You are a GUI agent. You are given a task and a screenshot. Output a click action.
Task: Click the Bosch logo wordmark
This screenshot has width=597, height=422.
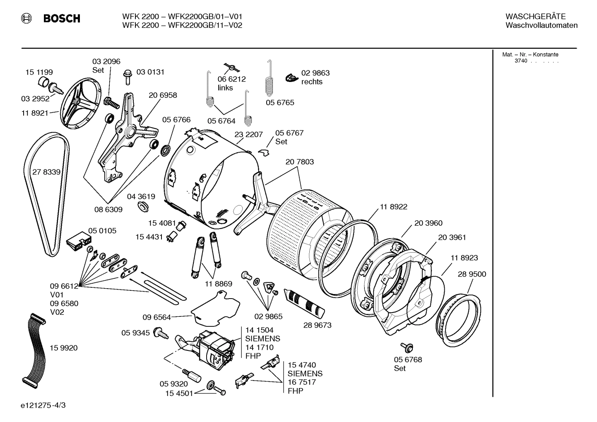[x=61, y=19]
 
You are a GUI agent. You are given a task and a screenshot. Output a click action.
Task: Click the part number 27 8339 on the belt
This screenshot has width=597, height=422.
[x=46, y=172]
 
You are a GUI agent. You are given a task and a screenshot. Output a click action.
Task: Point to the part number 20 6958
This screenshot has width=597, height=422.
[x=163, y=95]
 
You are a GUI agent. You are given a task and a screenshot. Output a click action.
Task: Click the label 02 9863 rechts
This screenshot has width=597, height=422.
[x=315, y=77]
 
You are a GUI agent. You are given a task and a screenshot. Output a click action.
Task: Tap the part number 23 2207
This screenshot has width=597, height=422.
[x=248, y=135]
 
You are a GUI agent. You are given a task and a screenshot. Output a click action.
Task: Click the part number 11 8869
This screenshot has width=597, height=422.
[x=218, y=284]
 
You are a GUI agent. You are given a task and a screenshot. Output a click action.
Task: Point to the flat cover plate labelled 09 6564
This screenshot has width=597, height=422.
[x=215, y=307]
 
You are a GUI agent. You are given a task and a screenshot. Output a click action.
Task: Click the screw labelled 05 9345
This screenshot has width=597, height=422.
[x=160, y=333]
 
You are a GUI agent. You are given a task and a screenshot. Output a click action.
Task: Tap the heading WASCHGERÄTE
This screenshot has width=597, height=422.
[x=535, y=17]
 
